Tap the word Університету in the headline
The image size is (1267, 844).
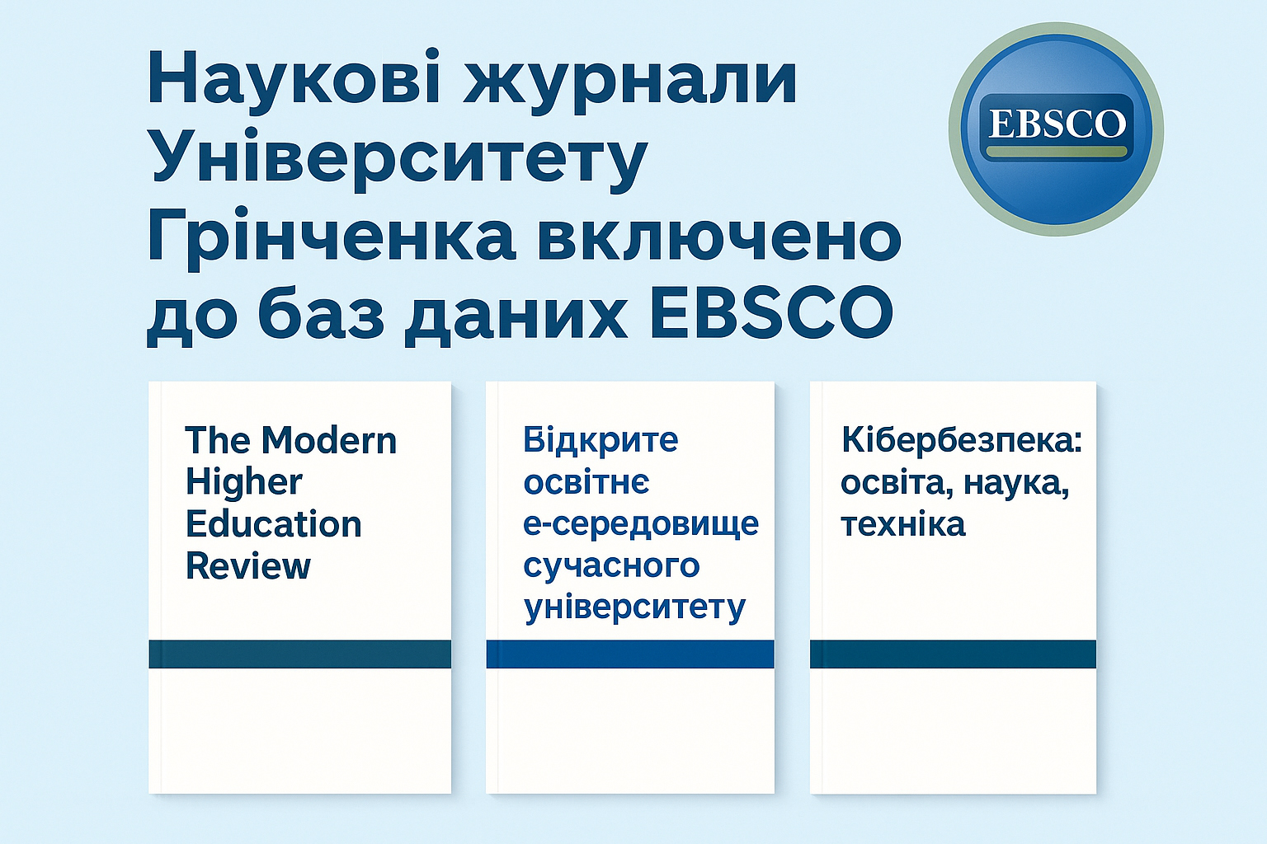pyautogui.click(x=397, y=160)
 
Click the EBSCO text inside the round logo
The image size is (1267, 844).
pyautogui.click(x=1057, y=124)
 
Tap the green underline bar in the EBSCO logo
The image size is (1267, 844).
pyautogui.click(x=1057, y=152)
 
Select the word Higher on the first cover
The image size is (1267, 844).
pyautogui.click(x=243, y=483)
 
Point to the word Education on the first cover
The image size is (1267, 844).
pyautogui.click(x=273, y=524)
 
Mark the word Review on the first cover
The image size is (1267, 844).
pyautogui.click(x=247, y=566)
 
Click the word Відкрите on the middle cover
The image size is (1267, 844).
pyautogui.click(x=601, y=440)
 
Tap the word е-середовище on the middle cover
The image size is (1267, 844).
pyautogui.click(x=641, y=524)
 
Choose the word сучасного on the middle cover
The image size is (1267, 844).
pyautogui.click(x=611, y=566)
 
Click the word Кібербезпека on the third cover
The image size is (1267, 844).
pyautogui.click(x=961, y=440)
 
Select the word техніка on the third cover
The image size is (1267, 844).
pyautogui.click(x=902, y=524)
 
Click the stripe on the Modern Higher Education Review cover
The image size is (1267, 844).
pyautogui.click(x=299, y=654)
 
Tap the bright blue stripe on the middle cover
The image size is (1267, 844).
pyautogui.click(x=630, y=654)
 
